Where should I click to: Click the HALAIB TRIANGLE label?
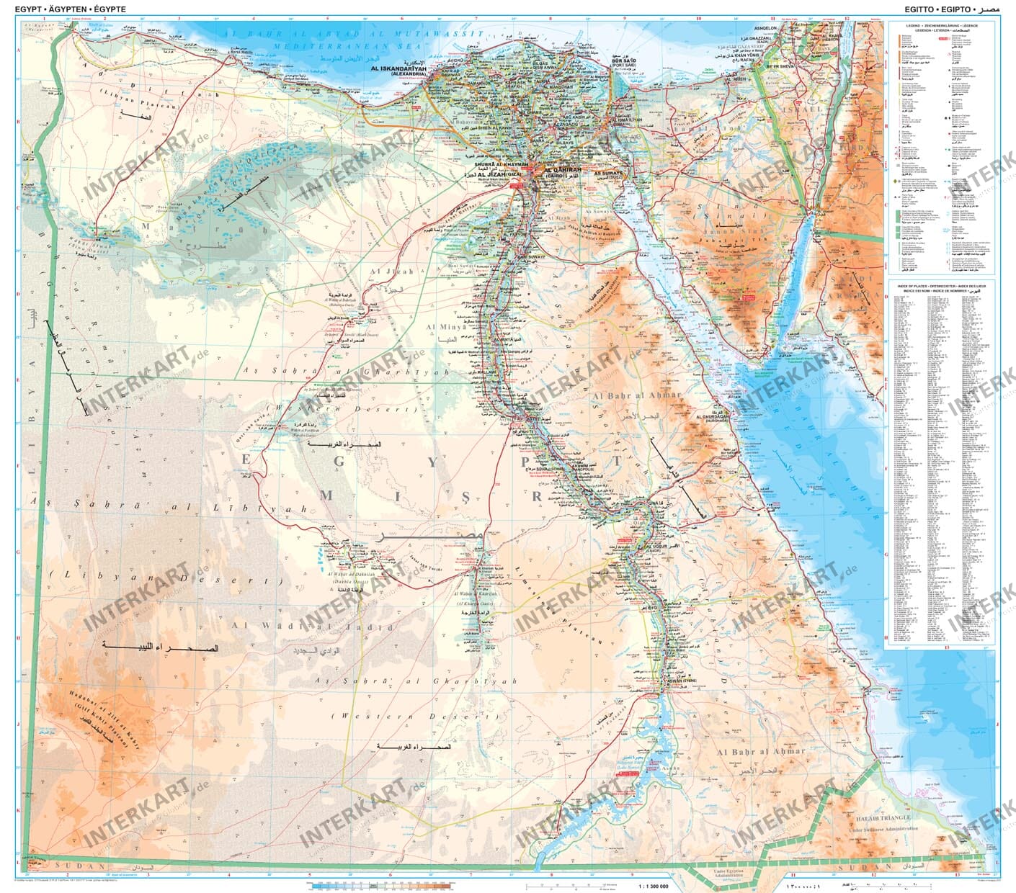tap(879, 817)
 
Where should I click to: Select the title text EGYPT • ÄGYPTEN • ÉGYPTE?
tap(65, 9)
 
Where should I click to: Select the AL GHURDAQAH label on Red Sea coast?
tap(714, 416)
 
